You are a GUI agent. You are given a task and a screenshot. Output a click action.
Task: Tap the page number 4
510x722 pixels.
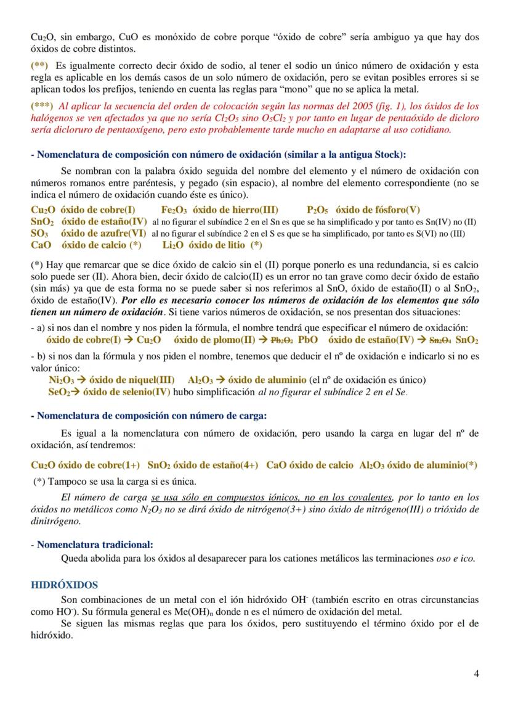pos(476,673)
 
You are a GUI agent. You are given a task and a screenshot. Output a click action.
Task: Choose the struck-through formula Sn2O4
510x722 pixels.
pos(441,340)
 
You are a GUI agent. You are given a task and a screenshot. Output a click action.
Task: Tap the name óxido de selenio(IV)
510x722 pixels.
pos(127,392)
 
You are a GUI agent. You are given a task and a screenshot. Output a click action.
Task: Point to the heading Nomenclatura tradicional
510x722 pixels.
pos(95,544)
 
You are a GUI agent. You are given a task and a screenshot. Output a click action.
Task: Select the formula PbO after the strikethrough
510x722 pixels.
pos(307,340)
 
